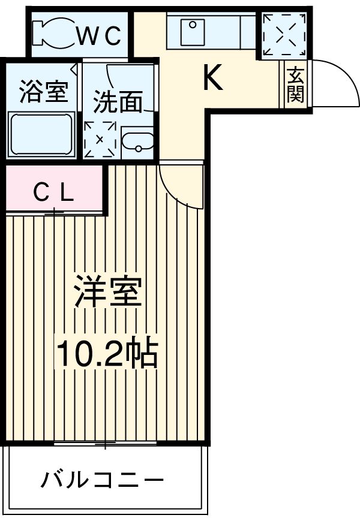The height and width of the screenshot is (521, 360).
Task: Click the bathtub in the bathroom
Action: [42, 135]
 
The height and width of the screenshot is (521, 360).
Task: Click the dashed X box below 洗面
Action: [100, 140]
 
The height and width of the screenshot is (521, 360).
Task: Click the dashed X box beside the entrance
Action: [283, 34]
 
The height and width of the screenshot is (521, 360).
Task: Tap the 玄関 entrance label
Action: [295, 85]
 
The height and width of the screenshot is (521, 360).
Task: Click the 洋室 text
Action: [108, 292]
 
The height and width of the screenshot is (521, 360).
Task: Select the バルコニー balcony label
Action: [102, 480]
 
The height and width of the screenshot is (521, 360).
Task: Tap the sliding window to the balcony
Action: [105, 444]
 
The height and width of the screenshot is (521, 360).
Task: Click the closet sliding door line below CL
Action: [54, 212]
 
